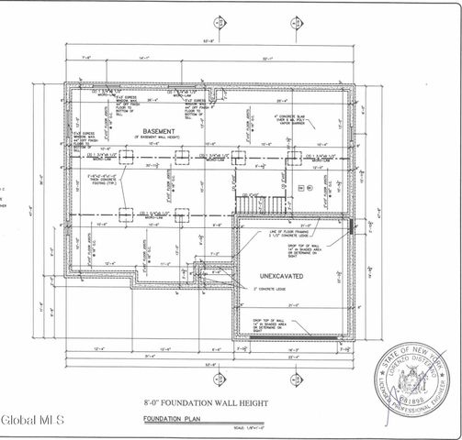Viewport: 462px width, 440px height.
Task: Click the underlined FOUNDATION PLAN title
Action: [173, 419]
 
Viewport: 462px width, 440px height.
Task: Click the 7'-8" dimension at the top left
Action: [88, 57]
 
